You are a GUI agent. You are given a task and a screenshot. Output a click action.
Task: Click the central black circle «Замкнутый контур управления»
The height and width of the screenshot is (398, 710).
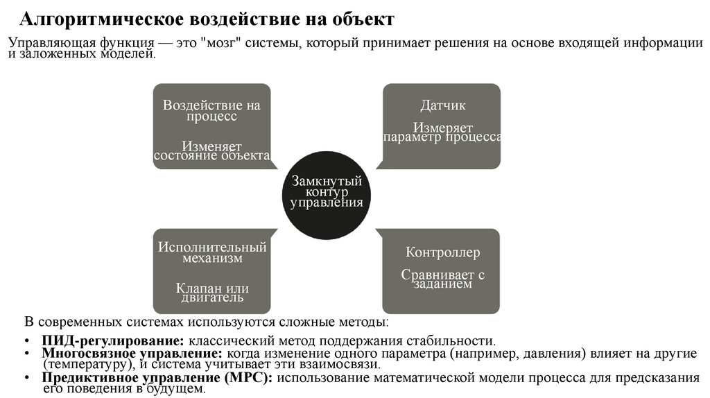tap(327, 192)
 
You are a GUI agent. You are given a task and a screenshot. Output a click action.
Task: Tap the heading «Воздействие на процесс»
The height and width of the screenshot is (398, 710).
tap(211, 111)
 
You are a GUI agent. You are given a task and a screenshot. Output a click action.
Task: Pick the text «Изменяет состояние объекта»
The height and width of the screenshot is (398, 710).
tap(211, 150)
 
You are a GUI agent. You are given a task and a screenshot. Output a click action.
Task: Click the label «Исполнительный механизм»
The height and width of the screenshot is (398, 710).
tap(211, 252)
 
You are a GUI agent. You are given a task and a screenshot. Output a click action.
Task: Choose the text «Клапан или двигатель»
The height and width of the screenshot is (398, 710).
tap(211, 293)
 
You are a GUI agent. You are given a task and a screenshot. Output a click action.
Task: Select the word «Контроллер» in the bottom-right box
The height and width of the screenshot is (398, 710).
tap(442, 252)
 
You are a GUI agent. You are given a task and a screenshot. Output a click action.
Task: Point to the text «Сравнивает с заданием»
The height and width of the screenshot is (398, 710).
tap(442, 279)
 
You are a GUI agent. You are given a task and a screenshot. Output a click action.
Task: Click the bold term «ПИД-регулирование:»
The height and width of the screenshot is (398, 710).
tap(112, 340)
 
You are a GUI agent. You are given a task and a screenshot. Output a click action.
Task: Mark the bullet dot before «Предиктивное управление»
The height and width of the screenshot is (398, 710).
tap(26, 379)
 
